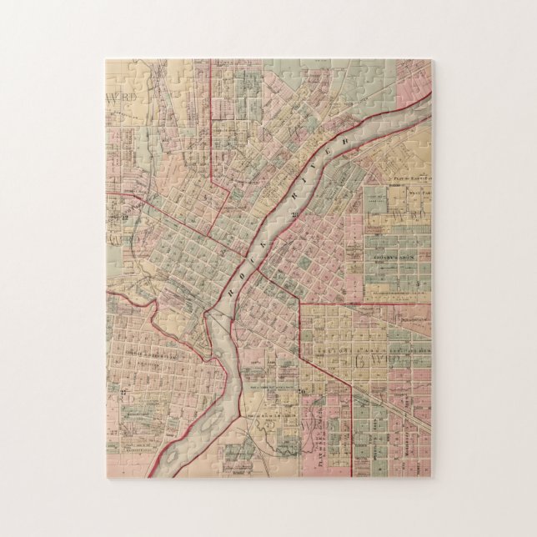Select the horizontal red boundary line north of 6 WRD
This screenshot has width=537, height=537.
pyautogui.click(x=367, y=304)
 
